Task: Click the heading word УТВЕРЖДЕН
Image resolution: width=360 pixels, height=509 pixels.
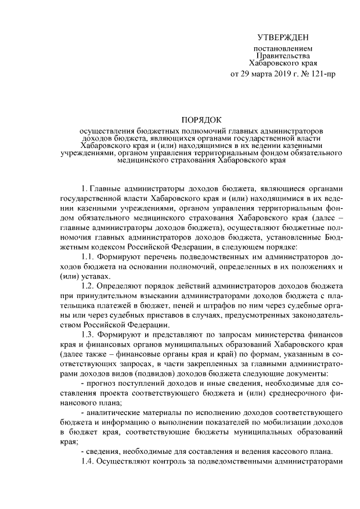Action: click(x=282, y=38)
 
